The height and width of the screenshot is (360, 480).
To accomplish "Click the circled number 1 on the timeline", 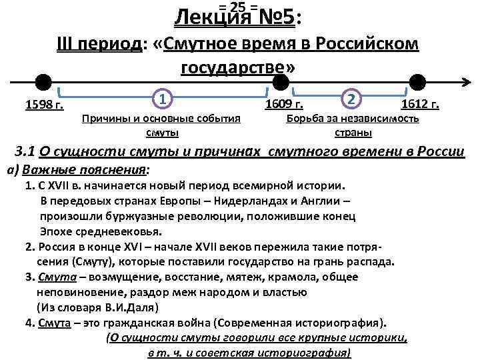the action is (x=163, y=99).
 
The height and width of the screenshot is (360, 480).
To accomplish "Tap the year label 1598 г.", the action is (x=44, y=104).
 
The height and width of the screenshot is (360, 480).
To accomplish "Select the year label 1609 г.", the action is (x=284, y=104).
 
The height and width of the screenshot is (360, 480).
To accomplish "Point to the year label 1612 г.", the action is (x=419, y=104).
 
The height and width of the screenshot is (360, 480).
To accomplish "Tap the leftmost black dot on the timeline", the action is (x=43, y=82).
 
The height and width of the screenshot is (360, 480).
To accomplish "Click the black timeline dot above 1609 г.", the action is (x=281, y=81).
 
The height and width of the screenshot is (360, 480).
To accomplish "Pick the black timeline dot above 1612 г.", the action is (x=418, y=81).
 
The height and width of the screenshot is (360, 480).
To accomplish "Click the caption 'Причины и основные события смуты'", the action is (x=160, y=124).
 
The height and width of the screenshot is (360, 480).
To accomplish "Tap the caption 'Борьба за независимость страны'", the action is (x=353, y=124).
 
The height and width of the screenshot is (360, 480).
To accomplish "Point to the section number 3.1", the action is (x=26, y=151).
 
